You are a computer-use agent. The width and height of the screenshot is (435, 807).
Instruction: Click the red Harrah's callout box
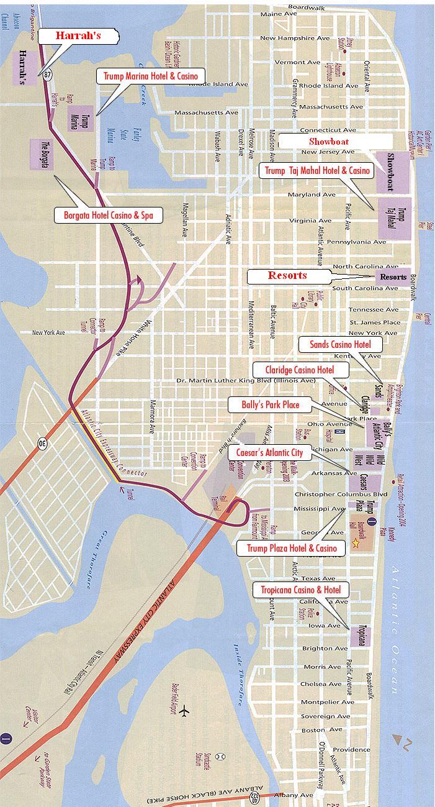click(78, 37)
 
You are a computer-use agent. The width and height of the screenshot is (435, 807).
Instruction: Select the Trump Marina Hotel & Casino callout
click(150, 76)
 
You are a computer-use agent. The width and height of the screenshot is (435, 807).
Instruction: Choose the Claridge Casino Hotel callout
click(299, 370)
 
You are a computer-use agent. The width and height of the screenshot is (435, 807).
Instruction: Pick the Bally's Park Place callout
click(271, 405)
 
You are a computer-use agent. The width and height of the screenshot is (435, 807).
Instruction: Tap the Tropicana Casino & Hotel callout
click(300, 589)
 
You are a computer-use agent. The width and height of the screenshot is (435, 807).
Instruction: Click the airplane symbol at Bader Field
click(184, 711)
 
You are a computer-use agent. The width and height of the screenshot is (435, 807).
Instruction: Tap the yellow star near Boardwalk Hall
click(355, 543)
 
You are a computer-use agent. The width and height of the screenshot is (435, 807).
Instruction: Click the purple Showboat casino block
click(392, 171)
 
